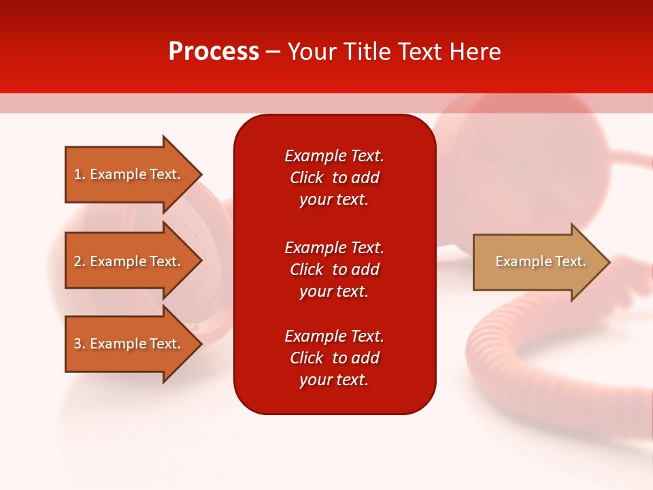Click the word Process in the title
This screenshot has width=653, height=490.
tap(214, 52)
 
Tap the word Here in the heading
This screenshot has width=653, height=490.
tap(474, 52)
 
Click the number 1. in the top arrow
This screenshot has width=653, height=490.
tap(80, 174)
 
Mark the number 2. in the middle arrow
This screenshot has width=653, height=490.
tap(80, 261)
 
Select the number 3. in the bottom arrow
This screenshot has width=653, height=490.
tap(80, 344)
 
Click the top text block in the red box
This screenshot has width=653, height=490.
tap(334, 178)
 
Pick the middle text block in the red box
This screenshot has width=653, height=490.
tap(334, 269)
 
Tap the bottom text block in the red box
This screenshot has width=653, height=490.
tap(334, 358)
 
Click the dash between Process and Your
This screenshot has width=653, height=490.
tap(273, 52)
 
